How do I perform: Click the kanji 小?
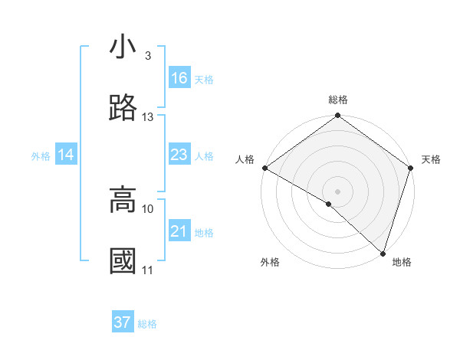[123, 47]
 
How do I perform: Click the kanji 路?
[123, 109]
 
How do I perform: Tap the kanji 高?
[123, 200]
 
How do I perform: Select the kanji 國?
[123, 261]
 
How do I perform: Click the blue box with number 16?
[179, 78]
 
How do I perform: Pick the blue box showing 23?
[179, 155]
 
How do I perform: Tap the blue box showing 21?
[179, 231]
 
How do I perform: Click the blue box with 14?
[66, 155]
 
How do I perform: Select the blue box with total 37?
[123, 322]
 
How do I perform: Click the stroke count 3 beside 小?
[148, 56]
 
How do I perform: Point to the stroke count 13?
[148, 117]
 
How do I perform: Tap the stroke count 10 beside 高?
[148, 208]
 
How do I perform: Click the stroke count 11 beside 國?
[148, 270]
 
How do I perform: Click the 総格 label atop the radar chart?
[338, 100]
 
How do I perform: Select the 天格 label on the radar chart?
[431, 159]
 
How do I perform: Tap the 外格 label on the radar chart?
[270, 263]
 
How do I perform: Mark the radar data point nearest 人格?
[264, 168]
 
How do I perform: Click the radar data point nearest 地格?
[382, 252]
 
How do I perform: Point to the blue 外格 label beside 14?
[41, 156]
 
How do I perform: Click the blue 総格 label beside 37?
[148, 324]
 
